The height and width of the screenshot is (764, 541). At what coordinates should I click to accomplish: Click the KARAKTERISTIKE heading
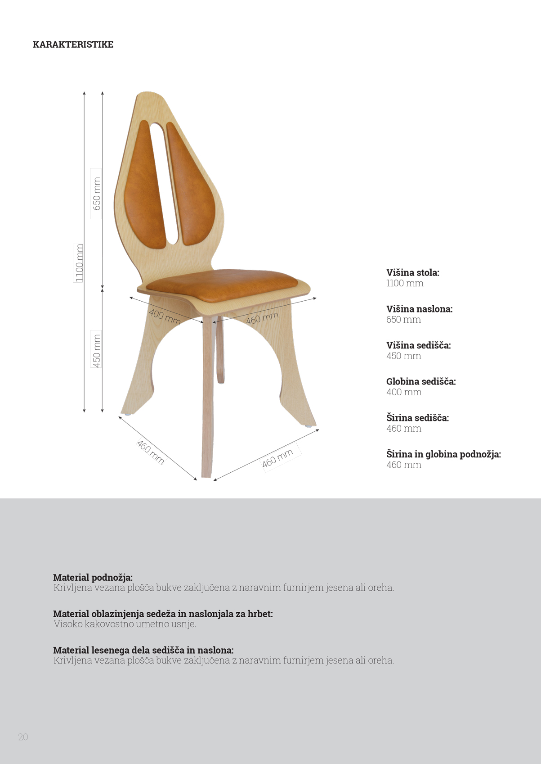pos(73,45)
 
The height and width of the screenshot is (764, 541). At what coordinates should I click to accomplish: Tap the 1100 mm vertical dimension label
pos(79,263)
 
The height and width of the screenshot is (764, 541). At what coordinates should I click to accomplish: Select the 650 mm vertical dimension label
pos(96,194)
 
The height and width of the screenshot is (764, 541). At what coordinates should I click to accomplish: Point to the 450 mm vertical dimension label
pos(96,349)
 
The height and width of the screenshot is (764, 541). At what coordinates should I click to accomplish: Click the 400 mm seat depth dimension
pos(165,316)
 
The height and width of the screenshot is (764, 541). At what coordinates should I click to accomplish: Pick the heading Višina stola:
pos(412,272)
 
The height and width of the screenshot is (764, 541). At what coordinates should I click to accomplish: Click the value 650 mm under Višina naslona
pos(403,320)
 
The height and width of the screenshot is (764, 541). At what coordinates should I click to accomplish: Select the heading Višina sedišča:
pos(418,345)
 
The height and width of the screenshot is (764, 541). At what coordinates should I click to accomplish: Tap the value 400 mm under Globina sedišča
pos(404,392)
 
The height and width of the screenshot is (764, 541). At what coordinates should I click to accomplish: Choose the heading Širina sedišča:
pos(417,418)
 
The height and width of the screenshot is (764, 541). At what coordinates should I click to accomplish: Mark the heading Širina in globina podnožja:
pos(443,454)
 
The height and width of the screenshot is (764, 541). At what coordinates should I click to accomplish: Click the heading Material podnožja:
pos(93,577)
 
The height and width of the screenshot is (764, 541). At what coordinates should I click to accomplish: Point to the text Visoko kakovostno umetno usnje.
pos(125,624)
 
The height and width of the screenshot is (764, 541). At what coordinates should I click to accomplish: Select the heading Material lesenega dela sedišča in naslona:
pos(143,650)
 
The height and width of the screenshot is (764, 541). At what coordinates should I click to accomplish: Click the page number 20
pos(23,737)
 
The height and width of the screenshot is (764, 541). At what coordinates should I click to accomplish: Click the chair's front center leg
pos(207,396)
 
